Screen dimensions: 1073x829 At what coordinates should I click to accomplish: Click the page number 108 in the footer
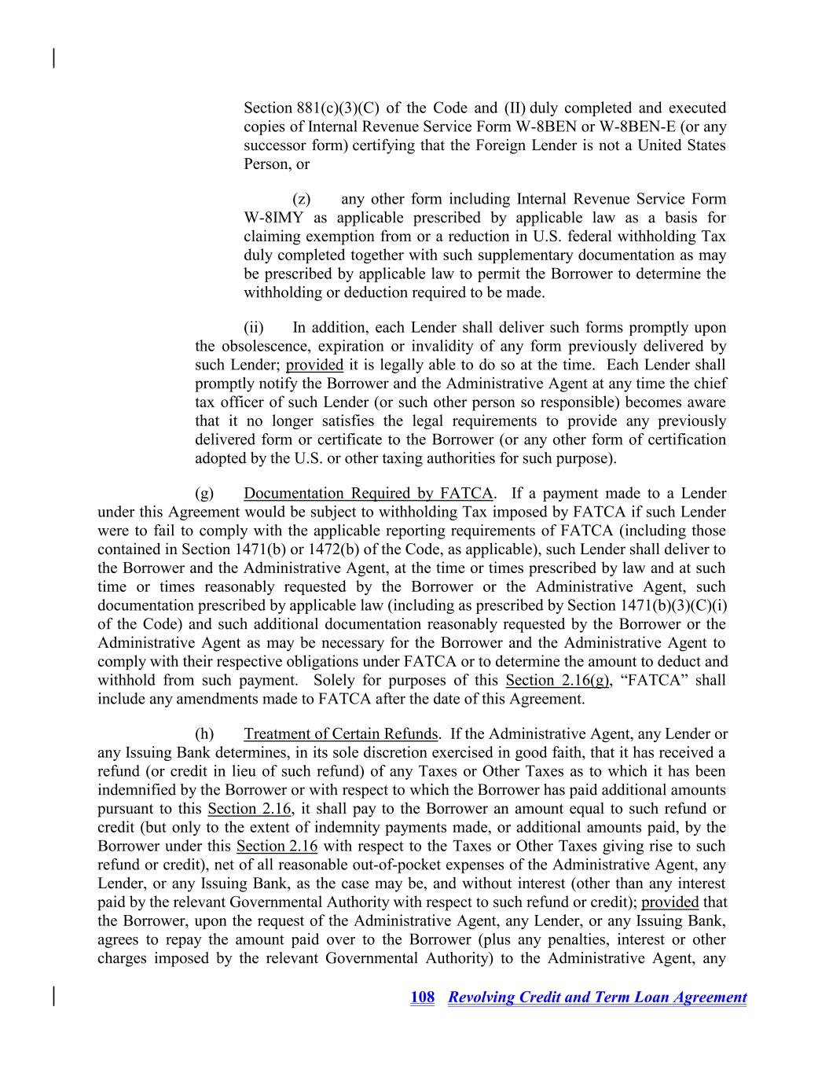(422, 998)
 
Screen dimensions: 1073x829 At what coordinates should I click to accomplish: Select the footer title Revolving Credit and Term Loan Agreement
(597, 998)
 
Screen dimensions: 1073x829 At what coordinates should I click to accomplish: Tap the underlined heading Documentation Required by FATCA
(368, 494)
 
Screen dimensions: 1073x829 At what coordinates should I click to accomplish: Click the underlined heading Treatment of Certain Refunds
(341, 734)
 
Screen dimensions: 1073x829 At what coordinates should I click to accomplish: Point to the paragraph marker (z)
(301, 199)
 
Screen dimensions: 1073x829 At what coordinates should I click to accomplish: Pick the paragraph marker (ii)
(253, 327)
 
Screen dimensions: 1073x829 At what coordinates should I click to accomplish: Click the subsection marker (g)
(204, 494)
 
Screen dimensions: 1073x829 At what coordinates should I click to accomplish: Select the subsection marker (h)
(204, 734)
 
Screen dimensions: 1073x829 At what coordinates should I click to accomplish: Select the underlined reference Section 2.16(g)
(557, 681)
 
